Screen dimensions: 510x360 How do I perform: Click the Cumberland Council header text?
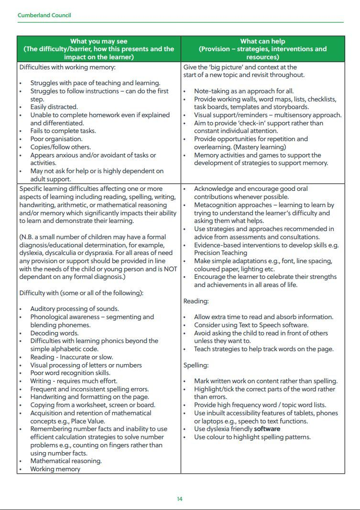point(44,15)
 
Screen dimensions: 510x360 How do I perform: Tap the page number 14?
point(180,499)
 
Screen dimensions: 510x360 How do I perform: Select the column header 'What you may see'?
point(98,42)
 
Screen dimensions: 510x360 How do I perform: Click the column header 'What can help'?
point(262,42)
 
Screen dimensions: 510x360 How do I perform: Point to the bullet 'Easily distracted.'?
point(54,107)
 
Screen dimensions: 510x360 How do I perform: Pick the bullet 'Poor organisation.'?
point(56,139)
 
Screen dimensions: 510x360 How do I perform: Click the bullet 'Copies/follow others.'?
point(60,147)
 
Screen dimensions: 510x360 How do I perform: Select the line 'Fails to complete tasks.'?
point(63,131)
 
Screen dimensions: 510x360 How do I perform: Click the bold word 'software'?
point(267,429)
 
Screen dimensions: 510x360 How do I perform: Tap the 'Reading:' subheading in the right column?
point(196,301)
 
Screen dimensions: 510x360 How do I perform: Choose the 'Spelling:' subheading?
point(196,366)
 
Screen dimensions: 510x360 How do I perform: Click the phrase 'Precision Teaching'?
point(220,253)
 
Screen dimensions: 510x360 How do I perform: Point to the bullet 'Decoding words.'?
point(54,333)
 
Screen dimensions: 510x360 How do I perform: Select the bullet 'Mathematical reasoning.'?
point(65,461)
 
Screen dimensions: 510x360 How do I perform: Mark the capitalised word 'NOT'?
point(171,269)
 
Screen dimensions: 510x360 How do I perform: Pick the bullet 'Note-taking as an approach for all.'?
point(243,91)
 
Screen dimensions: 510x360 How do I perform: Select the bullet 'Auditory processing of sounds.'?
point(74,309)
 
